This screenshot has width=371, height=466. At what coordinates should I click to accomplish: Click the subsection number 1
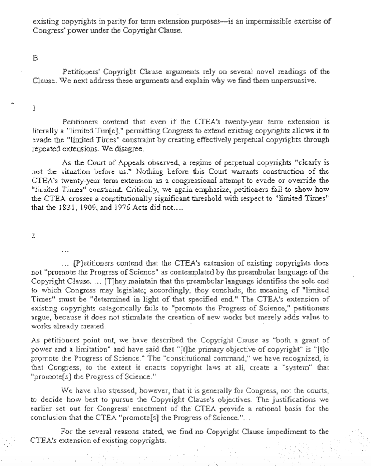pyautogui.click(x=35, y=108)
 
